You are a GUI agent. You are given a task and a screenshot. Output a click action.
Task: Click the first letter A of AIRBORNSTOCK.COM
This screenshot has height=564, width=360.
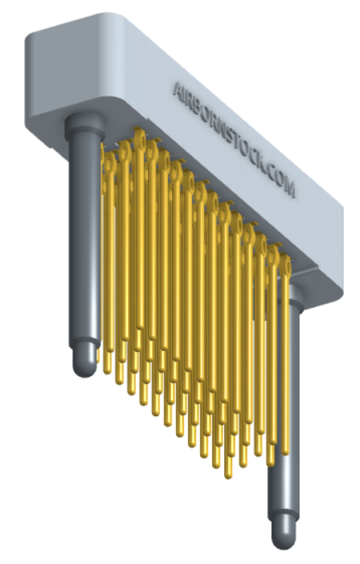click(179, 89)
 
